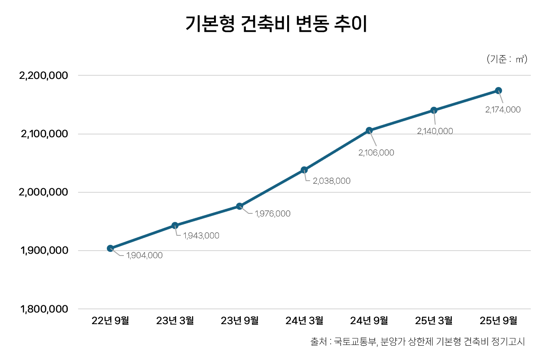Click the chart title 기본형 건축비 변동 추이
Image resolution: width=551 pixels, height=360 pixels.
coord(276,24)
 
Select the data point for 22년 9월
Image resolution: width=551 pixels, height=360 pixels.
coord(110,248)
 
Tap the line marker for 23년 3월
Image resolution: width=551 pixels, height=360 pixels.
coord(175,226)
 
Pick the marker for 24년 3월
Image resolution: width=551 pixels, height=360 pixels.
coord(304,170)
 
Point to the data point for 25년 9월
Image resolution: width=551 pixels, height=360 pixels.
coord(499,91)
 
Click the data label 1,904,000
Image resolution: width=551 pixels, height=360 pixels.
coord(144,256)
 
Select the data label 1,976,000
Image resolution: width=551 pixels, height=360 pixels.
coord(272,214)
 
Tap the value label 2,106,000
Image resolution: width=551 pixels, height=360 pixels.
coord(376,153)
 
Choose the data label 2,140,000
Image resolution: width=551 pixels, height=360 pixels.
coord(435,131)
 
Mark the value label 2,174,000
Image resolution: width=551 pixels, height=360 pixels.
coord(503,109)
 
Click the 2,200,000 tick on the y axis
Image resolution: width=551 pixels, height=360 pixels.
coord(43,76)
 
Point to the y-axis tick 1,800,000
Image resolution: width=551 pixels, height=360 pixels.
coord(44,309)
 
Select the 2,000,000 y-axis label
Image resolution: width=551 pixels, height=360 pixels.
coord(43,192)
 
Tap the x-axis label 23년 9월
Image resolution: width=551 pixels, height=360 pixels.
coord(240,321)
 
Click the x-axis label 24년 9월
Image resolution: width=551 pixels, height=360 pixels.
coord(369,321)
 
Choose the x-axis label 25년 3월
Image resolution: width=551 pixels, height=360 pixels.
coord(434,321)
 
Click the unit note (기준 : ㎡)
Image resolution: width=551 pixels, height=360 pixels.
coord(507,59)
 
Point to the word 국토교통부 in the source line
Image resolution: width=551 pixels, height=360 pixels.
coord(355,342)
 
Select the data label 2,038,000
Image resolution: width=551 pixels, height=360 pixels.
coord(331,181)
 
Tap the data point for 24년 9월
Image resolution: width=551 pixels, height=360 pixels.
coord(369,130)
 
